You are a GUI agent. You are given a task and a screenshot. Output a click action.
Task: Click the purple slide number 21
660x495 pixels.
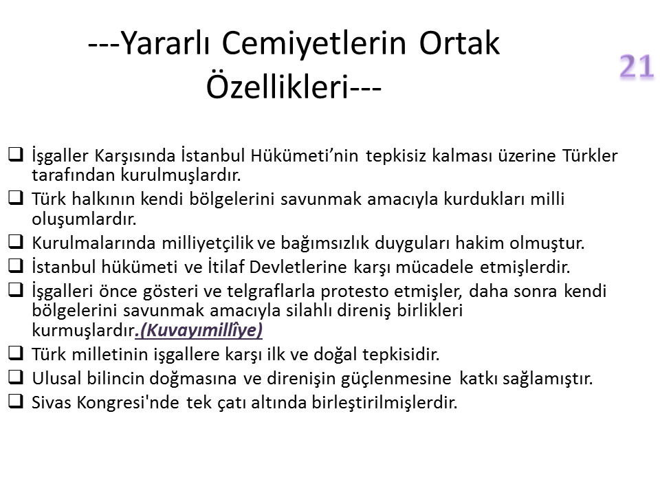coord(637,66)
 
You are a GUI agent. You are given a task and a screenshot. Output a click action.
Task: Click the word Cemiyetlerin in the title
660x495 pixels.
coord(314,43)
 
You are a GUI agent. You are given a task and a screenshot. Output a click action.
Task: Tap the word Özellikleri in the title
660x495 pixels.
coord(278,87)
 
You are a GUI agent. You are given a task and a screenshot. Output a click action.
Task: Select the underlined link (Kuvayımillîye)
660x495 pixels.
coord(199,330)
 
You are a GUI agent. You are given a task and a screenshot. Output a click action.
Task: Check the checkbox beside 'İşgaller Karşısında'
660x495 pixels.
coord(16,154)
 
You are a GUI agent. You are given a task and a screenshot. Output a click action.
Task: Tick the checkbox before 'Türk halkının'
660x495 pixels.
coord(16,198)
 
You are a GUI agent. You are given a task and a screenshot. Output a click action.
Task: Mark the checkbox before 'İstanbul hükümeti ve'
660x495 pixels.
coord(16,265)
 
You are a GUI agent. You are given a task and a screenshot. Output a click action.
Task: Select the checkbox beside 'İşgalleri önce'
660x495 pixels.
coord(16,290)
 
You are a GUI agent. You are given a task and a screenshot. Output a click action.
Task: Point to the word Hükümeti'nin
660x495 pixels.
coord(305,155)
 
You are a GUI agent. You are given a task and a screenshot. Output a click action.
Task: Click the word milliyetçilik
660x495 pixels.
coord(208,243)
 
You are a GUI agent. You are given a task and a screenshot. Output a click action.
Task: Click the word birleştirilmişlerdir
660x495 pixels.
coord(385,403)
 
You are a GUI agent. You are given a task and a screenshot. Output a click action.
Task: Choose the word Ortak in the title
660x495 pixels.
coord(459,43)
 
